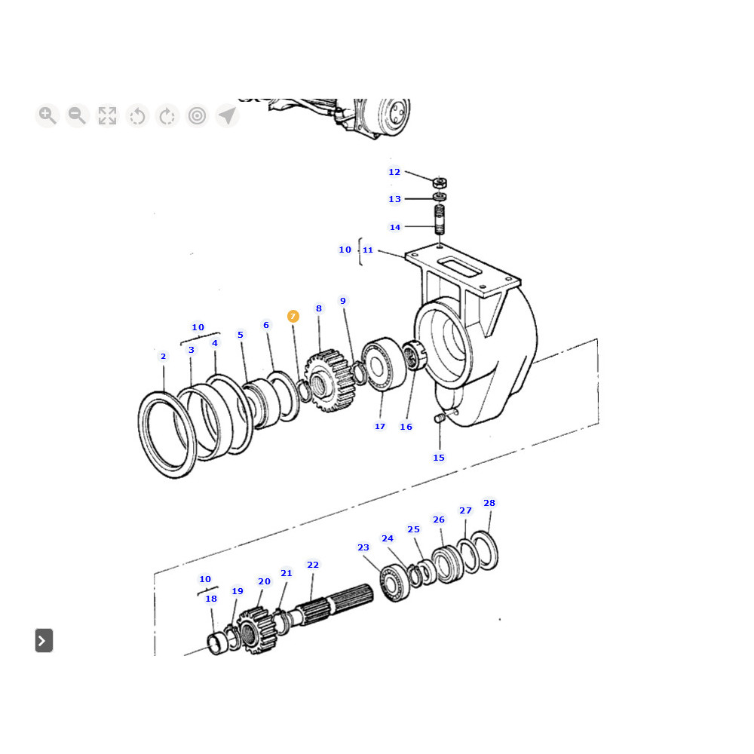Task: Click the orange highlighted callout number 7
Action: tap(293, 316)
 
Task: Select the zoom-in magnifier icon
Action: tap(47, 115)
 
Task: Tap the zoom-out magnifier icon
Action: tap(78, 115)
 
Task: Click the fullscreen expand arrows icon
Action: tap(107, 115)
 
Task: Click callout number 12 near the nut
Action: tap(394, 172)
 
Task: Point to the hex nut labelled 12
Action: tap(440, 182)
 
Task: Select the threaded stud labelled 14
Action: tap(440, 219)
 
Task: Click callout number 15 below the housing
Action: tap(439, 458)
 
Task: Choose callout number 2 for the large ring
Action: tap(163, 357)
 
